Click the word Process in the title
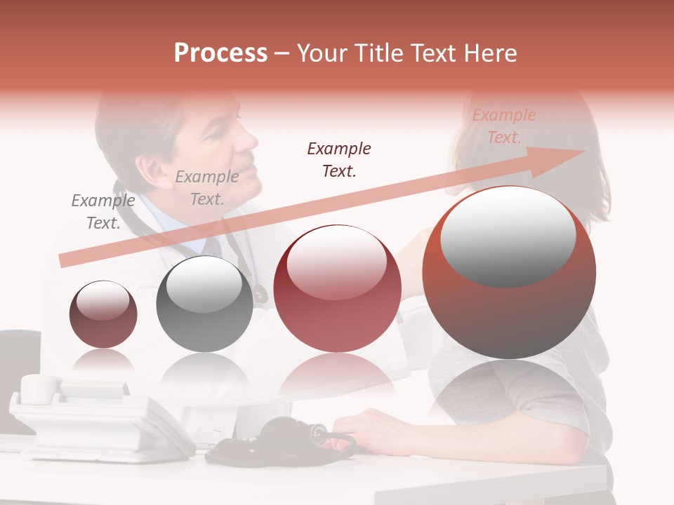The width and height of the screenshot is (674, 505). [220, 53]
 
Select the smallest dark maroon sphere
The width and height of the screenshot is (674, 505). [103, 315]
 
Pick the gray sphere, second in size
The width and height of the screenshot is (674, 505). [204, 304]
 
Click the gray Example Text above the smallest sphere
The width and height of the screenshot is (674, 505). [103, 212]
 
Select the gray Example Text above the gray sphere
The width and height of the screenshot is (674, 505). [206, 188]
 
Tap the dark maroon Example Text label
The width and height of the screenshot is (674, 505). [339, 159]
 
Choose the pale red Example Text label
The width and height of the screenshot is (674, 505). [503, 126]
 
